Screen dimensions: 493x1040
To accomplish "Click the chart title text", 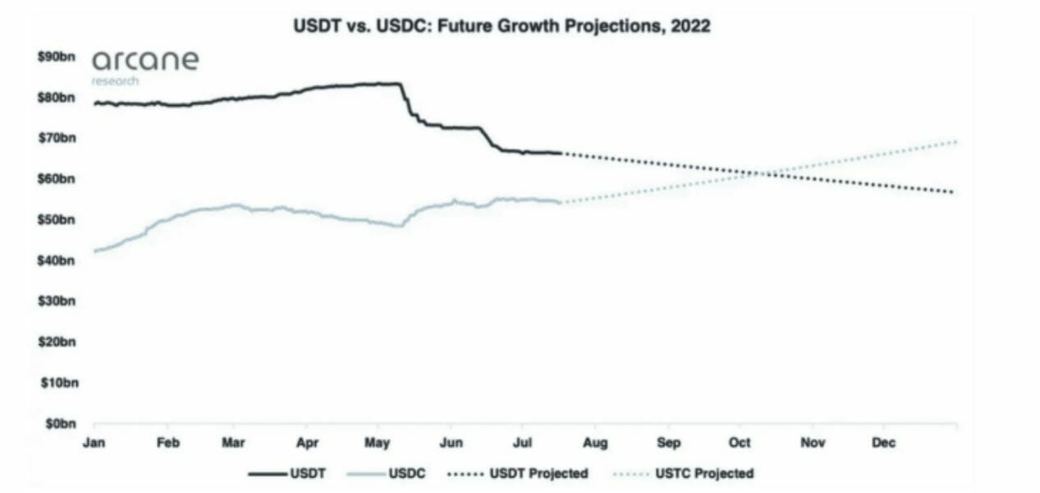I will (502, 26).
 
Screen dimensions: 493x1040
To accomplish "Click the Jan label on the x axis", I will (94, 443).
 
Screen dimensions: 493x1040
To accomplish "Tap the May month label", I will (378, 443).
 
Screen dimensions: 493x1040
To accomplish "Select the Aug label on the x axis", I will (595, 443).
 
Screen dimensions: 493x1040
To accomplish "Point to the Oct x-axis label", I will (740, 443).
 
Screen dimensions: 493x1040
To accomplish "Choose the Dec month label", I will (884, 443).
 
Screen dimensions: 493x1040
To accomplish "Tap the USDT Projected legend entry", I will (519, 473).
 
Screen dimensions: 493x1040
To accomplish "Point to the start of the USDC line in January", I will (95, 251).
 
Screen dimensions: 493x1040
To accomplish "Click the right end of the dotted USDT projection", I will (953, 192).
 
